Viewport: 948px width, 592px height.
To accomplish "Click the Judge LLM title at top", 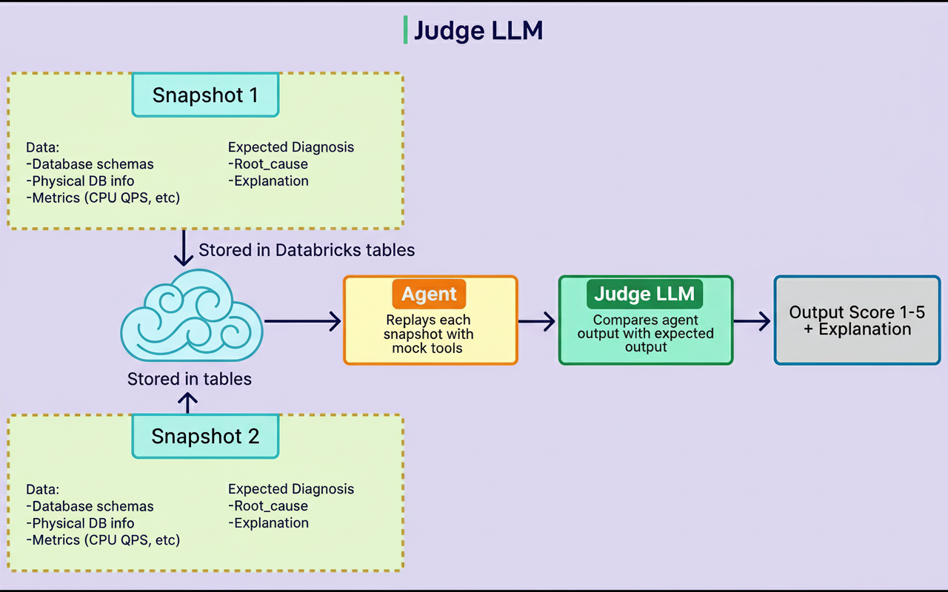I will coord(478,30).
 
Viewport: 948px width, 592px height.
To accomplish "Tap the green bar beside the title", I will coord(405,30).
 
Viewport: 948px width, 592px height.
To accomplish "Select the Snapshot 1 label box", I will coord(205,95).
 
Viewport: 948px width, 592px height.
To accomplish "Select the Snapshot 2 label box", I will coord(205,436).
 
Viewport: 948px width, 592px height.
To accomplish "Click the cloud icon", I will coord(191,316).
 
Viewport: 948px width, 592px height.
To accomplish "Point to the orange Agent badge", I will coord(429,294).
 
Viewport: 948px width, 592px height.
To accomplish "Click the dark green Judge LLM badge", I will coord(644,294).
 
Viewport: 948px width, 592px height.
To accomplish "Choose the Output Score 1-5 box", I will coord(857,320).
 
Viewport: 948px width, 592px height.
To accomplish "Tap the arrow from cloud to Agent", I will coord(302,320).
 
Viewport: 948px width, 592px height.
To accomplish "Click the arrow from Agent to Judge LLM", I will coord(537,320).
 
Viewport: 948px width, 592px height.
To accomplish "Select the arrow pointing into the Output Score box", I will coord(752,320).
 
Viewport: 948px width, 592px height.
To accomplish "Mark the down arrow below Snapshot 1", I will coord(183,249).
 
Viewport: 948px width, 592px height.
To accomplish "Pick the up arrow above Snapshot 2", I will coord(189,402).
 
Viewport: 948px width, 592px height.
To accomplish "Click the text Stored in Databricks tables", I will coord(307,250).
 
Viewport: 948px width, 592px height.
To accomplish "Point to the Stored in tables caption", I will coord(190,379).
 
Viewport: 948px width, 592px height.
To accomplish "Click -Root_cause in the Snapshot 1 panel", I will coord(268,164).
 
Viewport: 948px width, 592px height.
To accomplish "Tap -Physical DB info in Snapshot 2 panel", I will coord(80,523).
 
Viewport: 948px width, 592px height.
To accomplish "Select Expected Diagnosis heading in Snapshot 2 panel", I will coord(291,489).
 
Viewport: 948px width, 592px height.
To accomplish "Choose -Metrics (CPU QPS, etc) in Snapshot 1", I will coord(103,198).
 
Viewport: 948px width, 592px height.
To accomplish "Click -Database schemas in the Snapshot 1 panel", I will coord(90,164).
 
